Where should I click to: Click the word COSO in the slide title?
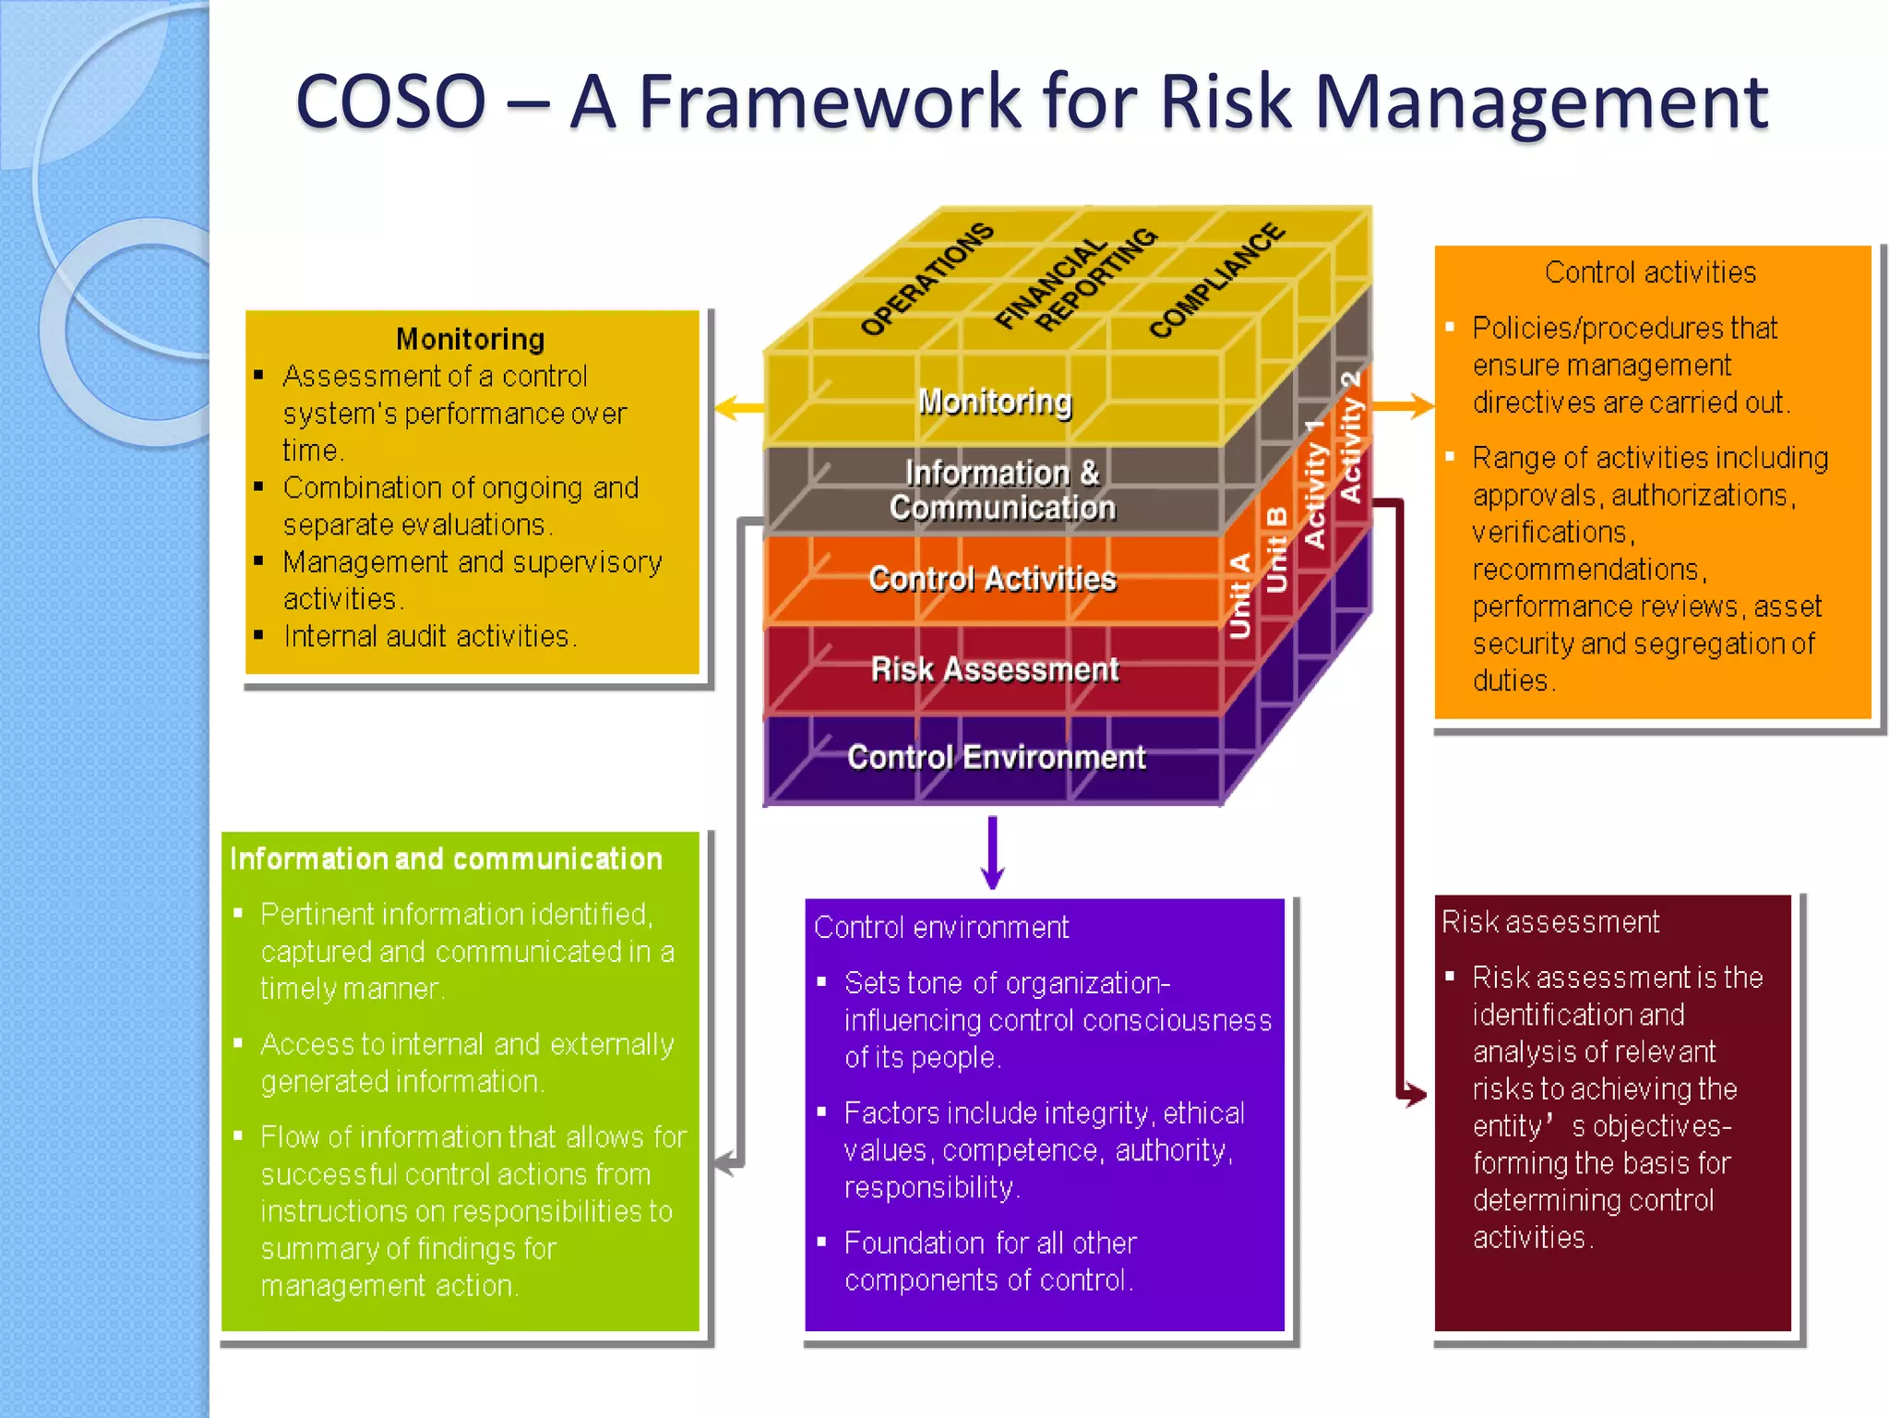coord(390,102)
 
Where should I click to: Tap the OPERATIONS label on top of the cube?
coord(927,279)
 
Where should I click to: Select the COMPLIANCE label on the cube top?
coord(1216,281)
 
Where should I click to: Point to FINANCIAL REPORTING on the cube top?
coord(1075,279)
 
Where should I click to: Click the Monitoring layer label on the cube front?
coord(995,402)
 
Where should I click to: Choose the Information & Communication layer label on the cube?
coord(1002,490)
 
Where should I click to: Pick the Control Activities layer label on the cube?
coord(992,579)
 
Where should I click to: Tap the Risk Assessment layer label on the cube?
coord(995,669)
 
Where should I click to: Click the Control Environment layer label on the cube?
coord(996,758)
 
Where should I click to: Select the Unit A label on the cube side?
coord(1240,595)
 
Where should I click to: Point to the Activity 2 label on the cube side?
coord(1351,437)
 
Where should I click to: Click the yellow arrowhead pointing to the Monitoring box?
coord(729,407)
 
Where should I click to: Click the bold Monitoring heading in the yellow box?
coord(470,339)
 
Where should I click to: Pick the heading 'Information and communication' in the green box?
coord(446,859)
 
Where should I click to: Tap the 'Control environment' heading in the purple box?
coord(941,927)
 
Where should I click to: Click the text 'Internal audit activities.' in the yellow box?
coord(429,636)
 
